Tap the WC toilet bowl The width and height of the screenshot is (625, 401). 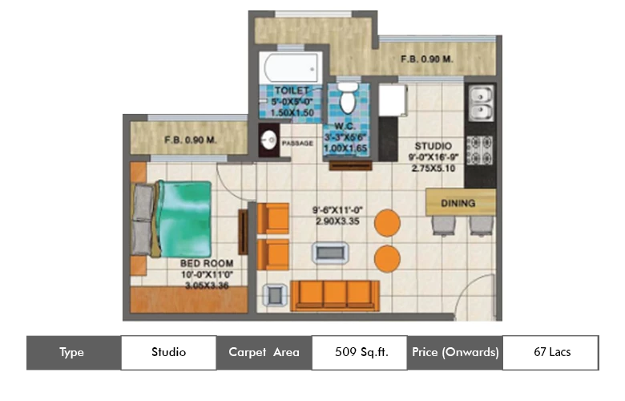pyautogui.click(x=348, y=99)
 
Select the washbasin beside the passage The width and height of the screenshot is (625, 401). pyautogui.click(x=268, y=142)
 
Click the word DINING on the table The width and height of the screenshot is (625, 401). pyautogui.click(x=458, y=203)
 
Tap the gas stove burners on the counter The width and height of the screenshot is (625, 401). pyautogui.click(x=481, y=148)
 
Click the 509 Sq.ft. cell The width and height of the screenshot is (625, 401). pyautogui.click(x=360, y=352)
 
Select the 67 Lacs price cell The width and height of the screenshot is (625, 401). pyautogui.click(x=551, y=352)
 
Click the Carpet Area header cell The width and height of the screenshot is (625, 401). pyautogui.click(x=264, y=352)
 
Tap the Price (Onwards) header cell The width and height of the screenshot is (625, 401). pyautogui.click(x=455, y=352)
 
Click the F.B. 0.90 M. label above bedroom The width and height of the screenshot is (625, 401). pyautogui.click(x=191, y=140)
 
